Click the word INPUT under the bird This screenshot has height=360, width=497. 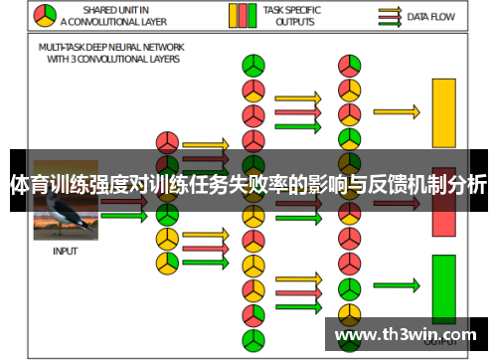pyautogui.click(x=66, y=252)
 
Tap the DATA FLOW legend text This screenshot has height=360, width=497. pyautogui.click(x=431, y=17)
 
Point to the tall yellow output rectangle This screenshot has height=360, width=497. pyautogui.click(x=442, y=112)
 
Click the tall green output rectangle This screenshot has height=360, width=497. pyautogui.click(x=442, y=288)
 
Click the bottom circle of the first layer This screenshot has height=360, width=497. pyautogui.click(x=167, y=263)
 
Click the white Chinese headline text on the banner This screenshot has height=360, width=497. pyautogui.click(x=248, y=185)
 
